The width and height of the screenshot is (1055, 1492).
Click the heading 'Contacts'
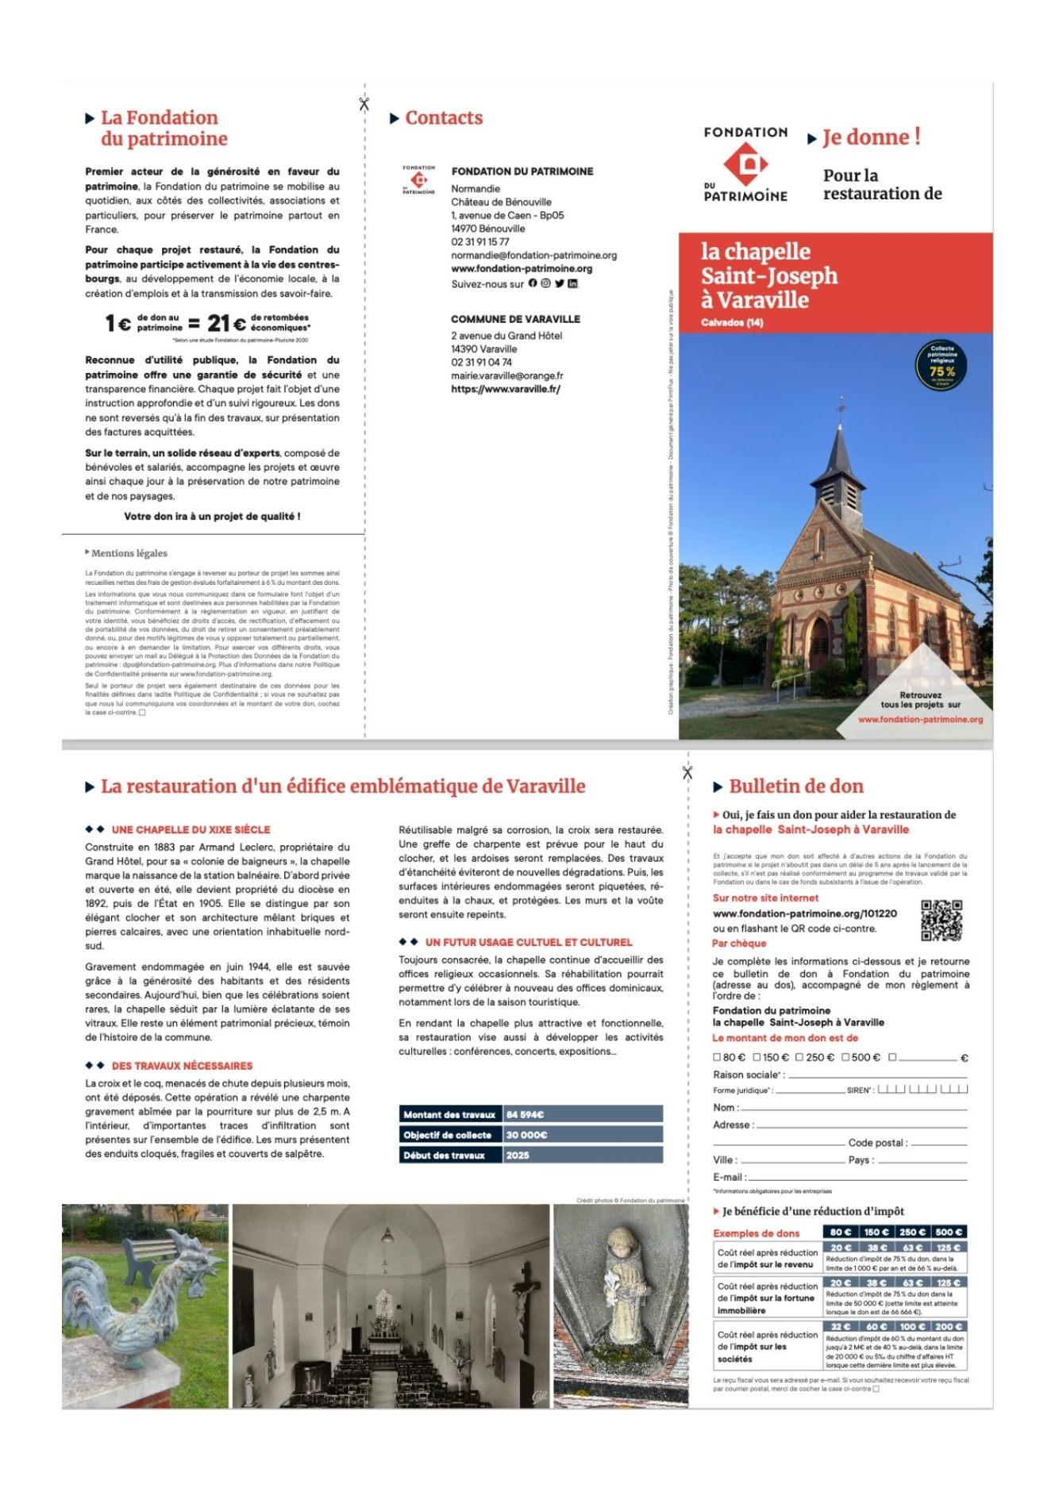tap(444, 118)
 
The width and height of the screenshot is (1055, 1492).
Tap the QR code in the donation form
tap(941, 921)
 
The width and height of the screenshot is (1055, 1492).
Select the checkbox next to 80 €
tap(717, 1057)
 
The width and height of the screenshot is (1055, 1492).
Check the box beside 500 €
tap(846, 1057)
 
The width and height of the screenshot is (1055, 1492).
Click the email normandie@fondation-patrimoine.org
tap(533, 256)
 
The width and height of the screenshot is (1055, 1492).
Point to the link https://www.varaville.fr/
tap(506, 390)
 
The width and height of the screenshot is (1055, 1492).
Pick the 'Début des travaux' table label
tap(444, 1156)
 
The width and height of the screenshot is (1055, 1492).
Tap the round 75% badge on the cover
tap(941, 366)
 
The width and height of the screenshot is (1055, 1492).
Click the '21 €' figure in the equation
tap(226, 324)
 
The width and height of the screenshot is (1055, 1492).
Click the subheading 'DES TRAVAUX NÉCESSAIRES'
tap(182, 1066)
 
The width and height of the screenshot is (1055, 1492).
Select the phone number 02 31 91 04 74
tap(481, 363)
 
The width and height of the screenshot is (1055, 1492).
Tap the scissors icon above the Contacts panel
tap(364, 104)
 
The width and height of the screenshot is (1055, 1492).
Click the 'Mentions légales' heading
tap(129, 553)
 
